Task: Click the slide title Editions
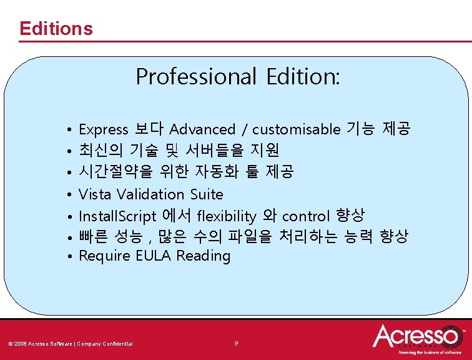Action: pyautogui.click(x=56, y=29)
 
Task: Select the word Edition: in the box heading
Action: pyautogui.click(x=303, y=77)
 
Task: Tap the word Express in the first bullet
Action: pyautogui.click(x=104, y=130)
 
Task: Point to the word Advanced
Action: pyautogui.click(x=202, y=129)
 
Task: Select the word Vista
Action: pyautogui.click(x=96, y=194)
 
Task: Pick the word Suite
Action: pyautogui.click(x=207, y=194)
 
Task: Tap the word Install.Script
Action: pyautogui.click(x=117, y=216)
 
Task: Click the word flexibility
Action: pyautogui.click(x=226, y=216)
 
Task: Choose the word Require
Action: pyautogui.click(x=105, y=256)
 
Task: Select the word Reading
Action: pyautogui.click(x=204, y=256)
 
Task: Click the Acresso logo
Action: pyautogui.click(x=416, y=338)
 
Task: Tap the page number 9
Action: pyautogui.click(x=236, y=343)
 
